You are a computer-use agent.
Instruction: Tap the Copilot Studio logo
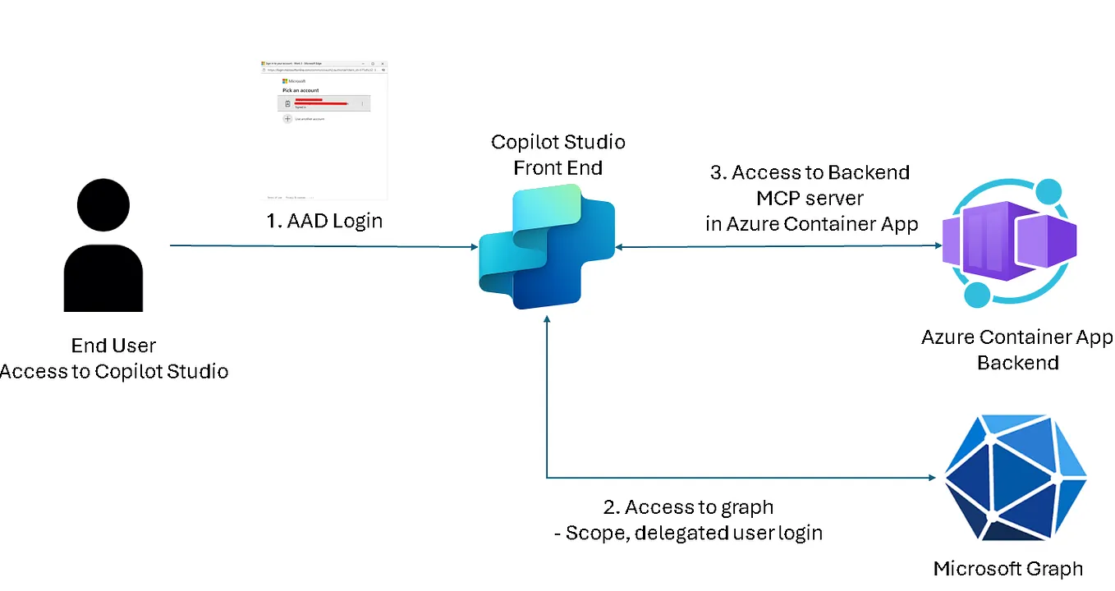(545, 247)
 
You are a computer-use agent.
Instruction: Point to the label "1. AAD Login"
(325, 222)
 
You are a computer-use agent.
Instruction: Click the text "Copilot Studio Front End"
(558, 155)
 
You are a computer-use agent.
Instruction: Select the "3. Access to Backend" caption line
(810, 173)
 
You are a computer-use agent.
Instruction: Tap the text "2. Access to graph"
(689, 507)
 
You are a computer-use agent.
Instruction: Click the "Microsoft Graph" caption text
(1007, 568)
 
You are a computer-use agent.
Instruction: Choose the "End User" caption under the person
(113, 346)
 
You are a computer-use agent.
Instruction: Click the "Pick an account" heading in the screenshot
(301, 89)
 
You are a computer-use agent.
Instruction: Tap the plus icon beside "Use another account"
(287, 119)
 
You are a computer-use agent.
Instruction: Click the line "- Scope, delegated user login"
(689, 533)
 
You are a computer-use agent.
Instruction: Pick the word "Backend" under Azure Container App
(1017, 363)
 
